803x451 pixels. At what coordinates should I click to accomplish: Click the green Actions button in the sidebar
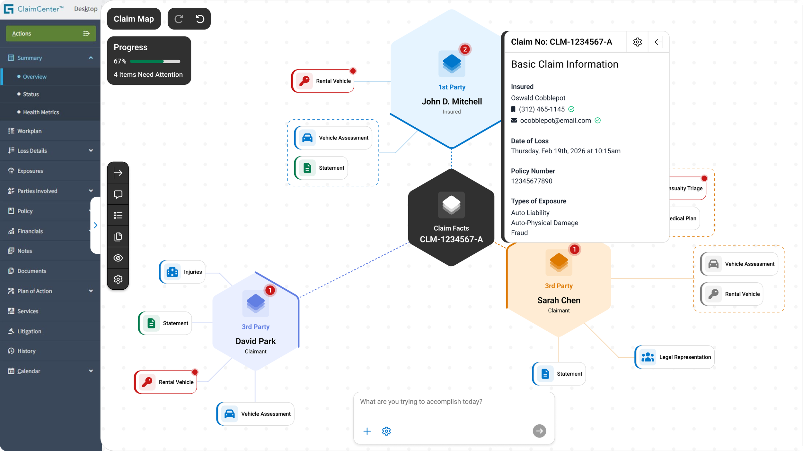pyautogui.click(x=51, y=33)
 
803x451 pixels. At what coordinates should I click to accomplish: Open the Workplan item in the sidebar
pyautogui.click(x=29, y=131)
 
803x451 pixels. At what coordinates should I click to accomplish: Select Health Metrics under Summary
pyautogui.click(x=41, y=112)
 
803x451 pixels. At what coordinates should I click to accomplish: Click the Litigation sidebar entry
pyautogui.click(x=29, y=331)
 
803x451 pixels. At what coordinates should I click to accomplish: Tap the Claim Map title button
pyautogui.click(x=134, y=19)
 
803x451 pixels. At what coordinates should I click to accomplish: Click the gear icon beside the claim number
pyautogui.click(x=637, y=42)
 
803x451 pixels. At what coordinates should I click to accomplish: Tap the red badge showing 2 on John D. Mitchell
pyautogui.click(x=465, y=49)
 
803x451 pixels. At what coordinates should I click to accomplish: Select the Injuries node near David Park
pyautogui.click(x=182, y=272)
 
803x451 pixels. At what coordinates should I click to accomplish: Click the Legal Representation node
pyautogui.click(x=675, y=357)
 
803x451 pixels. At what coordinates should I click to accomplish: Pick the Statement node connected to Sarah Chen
pyautogui.click(x=559, y=374)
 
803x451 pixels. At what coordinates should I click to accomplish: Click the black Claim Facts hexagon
pyautogui.click(x=451, y=217)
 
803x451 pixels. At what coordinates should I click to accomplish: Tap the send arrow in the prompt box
pyautogui.click(x=539, y=431)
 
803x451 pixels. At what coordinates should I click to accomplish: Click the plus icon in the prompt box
pyautogui.click(x=367, y=431)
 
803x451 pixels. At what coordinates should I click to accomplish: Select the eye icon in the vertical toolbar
pyautogui.click(x=118, y=258)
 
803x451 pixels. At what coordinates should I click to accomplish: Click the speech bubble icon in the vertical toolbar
pyautogui.click(x=118, y=194)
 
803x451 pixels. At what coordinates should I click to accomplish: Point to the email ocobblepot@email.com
pyautogui.click(x=555, y=120)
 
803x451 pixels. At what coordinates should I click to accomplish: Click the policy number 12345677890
pyautogui.click(x=532, y=181)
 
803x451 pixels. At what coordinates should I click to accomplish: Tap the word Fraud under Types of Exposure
pyautogui.click(x=519, y=233)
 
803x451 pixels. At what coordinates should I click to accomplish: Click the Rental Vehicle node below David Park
pyautogui.click(x=165, y=382)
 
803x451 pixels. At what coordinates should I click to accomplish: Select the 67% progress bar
pyautogui.click(x=155, y=61)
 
